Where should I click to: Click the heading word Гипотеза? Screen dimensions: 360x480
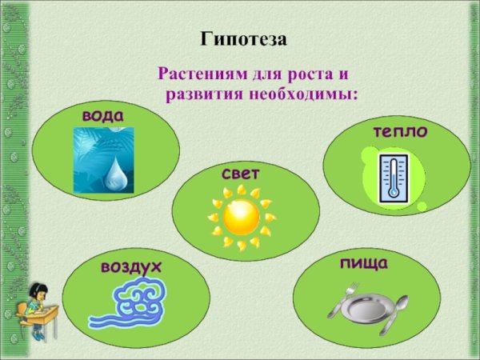(x=242, y=39)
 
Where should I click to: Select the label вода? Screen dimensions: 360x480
(x=103, y=116)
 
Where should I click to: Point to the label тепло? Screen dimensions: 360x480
(x=399, y=131)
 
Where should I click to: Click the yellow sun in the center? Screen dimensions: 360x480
(x=241, y=217)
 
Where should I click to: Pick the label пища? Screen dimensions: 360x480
(x=363, y=262)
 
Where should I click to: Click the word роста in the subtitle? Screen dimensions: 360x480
(x=302, y=75)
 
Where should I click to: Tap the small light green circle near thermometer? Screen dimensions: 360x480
(x=422, y=206)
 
